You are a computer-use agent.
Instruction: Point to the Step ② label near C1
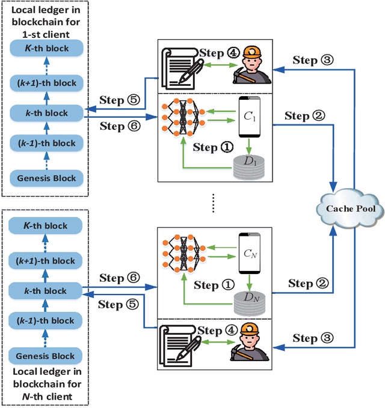pyautogui.click(x=306, y=116)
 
